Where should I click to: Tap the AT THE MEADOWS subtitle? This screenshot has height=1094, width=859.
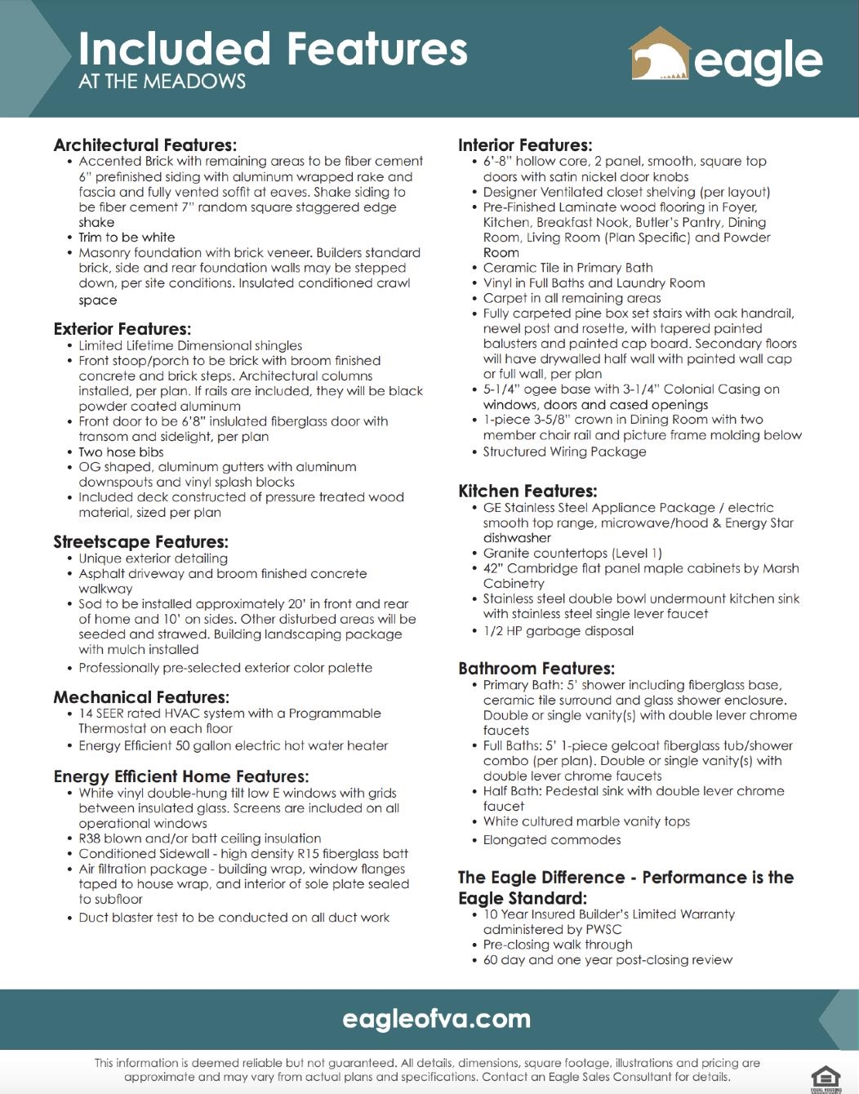pos(162,82)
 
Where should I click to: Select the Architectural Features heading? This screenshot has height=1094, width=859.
pos(145,145)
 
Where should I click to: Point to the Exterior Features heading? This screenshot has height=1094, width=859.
pos(122,329)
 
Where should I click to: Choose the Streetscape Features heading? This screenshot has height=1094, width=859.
pos(140,542)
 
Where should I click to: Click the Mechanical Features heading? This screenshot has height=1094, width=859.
pos(141,697)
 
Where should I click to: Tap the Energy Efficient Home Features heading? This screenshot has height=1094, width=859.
pos(180,776)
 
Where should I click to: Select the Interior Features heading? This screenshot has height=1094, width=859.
pos(525,145)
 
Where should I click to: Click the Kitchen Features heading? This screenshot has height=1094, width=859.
pos(527,491)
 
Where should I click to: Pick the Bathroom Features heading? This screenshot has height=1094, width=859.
pos(536,669)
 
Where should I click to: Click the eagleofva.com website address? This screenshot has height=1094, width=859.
pos(436,1019)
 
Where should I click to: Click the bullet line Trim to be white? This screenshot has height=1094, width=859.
pos(127,238)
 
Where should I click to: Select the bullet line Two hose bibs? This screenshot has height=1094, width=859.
pos(121,452)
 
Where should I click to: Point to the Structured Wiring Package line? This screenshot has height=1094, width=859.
pos(564,452)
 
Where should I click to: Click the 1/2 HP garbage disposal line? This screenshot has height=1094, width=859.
pos(558,631)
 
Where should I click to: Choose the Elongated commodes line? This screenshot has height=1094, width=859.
pos(552,840)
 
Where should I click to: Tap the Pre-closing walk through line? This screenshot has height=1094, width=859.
pos(558,945)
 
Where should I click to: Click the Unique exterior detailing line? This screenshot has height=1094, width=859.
pos(153,558)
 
